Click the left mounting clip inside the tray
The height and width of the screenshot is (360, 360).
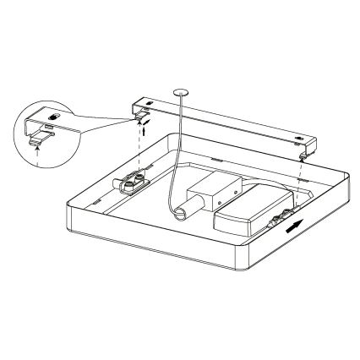point(132,183)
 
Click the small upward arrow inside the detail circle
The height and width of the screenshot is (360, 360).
point(37,154)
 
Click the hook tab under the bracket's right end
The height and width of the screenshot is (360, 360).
point(303,155)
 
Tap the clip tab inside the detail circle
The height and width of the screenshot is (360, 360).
point(38,141)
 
